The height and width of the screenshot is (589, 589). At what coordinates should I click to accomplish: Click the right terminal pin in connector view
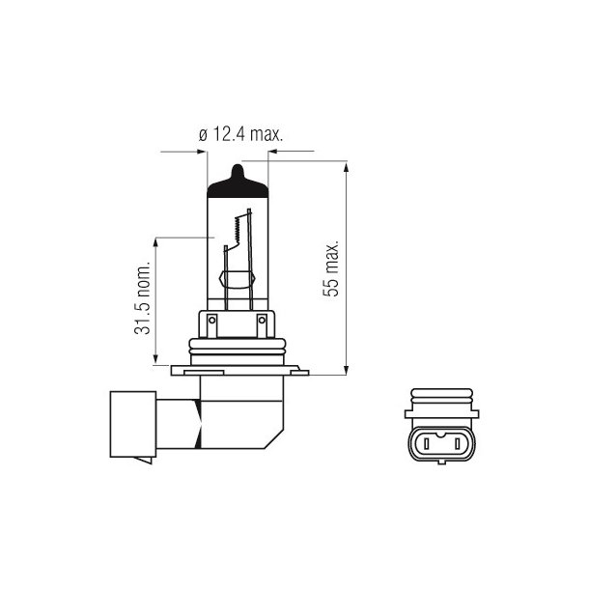(x=444, y=445)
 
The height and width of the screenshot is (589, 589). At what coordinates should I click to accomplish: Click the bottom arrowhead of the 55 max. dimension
(x=346, y=368)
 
